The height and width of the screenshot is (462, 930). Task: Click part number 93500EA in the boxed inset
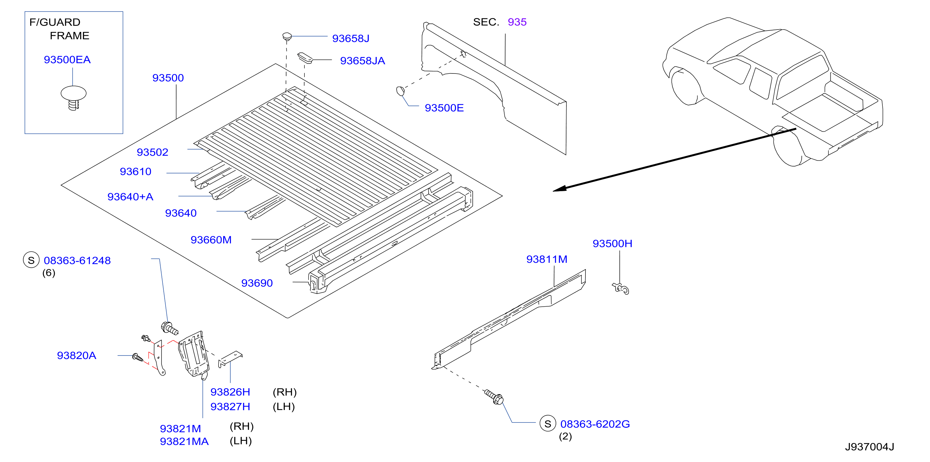(x=67, y=59)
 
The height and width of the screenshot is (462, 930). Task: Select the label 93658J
(x=350, y=38)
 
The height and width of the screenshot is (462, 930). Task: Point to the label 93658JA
(x=363, y=61)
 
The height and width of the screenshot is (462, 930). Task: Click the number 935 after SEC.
(x=517, y=22)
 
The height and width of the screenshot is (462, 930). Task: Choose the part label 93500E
(x=444, y=108)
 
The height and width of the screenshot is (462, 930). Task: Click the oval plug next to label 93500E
(x=400, y=91)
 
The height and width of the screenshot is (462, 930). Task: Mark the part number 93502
(x=152, y=152)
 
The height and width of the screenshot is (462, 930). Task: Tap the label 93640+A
(x=130, y=197)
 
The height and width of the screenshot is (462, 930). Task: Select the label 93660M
(x=211, y=240)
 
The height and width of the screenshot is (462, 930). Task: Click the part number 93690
(x=257, y=283)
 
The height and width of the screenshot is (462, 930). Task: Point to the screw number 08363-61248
(x=77, y=261)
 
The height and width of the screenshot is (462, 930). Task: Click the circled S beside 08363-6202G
(x=548, y=423)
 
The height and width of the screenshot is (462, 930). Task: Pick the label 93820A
(x=77, y=356)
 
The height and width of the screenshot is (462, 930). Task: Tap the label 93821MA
(x=184, y=441)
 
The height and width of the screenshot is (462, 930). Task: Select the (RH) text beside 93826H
(x=284, y=392)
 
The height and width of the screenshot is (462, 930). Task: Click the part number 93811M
(x=547, y=259)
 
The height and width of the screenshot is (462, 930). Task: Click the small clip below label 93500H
(x=621, y=289)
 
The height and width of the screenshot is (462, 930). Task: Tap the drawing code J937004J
(x=869, y=447)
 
